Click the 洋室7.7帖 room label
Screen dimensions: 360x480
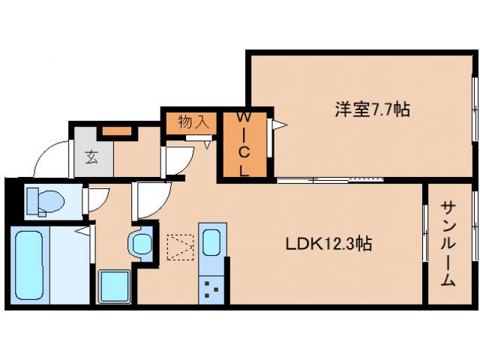(371, 110)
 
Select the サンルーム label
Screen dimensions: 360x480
(448, 244)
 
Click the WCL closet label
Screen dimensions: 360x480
(244, 142)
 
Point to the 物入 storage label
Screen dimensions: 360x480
(193, 121)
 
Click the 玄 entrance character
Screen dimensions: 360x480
(91, 157)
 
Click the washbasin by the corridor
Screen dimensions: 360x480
(140, 243)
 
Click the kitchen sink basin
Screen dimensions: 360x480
(211, 242)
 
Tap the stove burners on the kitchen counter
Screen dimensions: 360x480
(211, 288)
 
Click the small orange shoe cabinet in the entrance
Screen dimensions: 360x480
(116, 132)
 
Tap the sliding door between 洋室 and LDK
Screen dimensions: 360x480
(330, 179)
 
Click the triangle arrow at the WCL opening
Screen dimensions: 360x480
(278, 125)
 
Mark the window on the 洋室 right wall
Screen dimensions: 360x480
(474, 109)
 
